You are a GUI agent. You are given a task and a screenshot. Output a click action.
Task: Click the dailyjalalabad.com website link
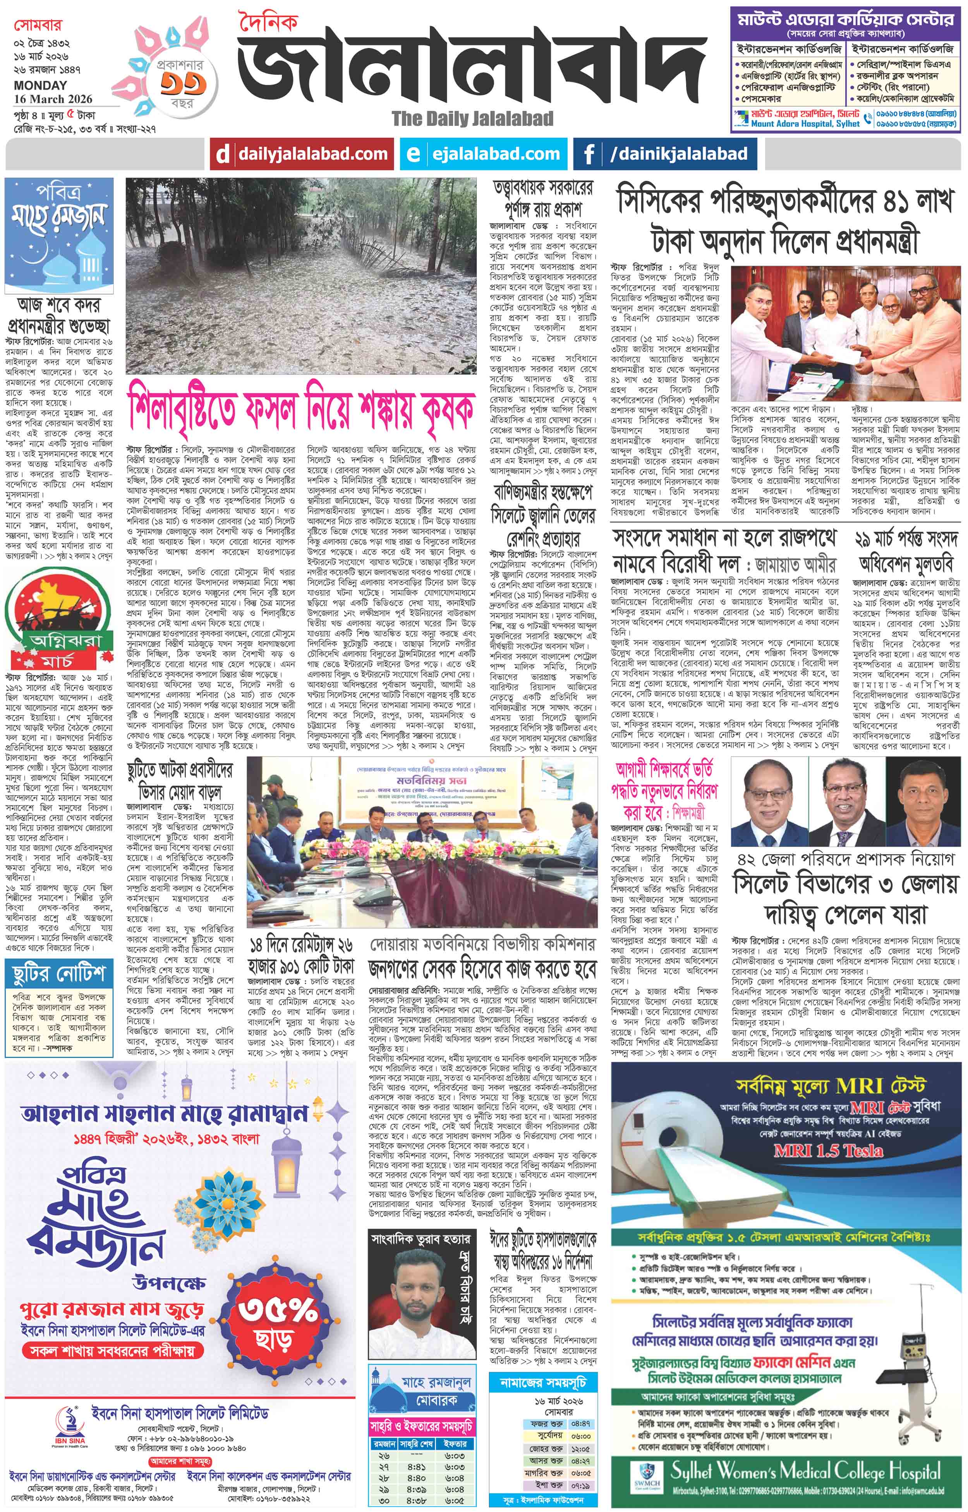click(312, 154)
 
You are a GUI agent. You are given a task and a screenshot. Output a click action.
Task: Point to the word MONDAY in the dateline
click(40, 85)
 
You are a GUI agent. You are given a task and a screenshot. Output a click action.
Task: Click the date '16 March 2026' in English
click(53, 99)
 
